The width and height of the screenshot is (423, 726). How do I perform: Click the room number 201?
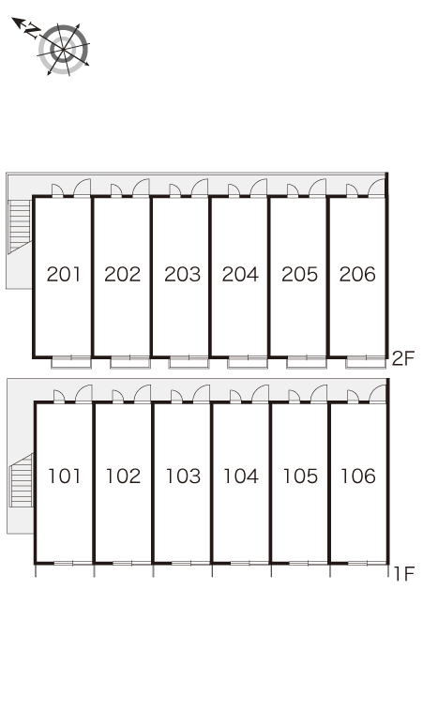pos(64,274)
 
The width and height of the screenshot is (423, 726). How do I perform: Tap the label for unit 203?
pos(182,274)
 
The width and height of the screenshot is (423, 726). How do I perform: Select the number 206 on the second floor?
pos(357,274)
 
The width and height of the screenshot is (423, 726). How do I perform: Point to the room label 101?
pos(65,476)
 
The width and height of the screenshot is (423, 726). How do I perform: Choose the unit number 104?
pos(241,476)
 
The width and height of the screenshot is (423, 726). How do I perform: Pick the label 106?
pos(358,476)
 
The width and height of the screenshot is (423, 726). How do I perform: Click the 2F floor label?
pos(403,358)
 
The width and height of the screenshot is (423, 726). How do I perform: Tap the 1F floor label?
pos(403,574)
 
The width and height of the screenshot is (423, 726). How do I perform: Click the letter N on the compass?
pos(32,31)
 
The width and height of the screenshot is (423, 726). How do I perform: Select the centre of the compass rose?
pos(63,49)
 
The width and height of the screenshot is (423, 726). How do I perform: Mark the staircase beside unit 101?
pos(22,480)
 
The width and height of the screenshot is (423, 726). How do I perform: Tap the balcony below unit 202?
pos(130,363)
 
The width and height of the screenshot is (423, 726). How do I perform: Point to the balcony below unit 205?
pos(307,363)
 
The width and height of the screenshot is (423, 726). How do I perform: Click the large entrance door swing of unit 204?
pos(258,188)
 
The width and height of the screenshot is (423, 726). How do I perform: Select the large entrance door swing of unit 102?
pos(143,394)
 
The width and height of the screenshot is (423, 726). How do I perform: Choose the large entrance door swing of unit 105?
pos(319,394)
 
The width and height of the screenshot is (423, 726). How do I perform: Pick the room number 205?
pos(299,274)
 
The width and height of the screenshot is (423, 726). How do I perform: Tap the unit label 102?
pos(123,476)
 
